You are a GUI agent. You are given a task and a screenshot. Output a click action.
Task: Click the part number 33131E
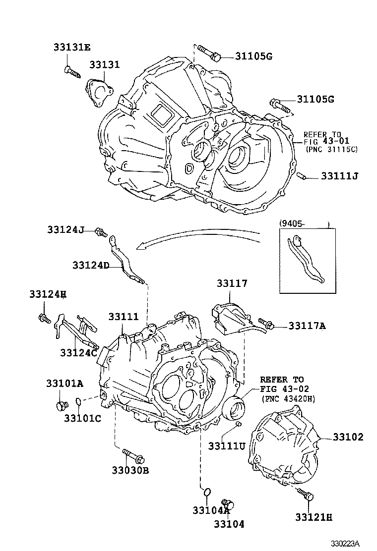(x=72, y=48)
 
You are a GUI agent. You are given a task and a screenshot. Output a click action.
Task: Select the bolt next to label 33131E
(x=72, y=72)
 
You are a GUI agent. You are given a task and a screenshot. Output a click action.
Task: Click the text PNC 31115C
(x=331, y=149)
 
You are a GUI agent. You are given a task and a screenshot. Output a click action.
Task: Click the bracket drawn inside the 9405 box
(x=306, y=260)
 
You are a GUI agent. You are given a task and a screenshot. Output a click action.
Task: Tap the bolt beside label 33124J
(x=101, y=231)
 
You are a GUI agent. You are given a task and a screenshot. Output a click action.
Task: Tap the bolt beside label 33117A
(x=268, y=325)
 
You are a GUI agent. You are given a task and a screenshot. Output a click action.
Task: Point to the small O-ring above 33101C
(x=78, y=401)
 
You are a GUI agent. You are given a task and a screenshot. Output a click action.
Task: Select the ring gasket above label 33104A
(x=207, y=492)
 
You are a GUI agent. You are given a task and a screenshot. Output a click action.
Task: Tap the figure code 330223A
(x=345, y=544)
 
